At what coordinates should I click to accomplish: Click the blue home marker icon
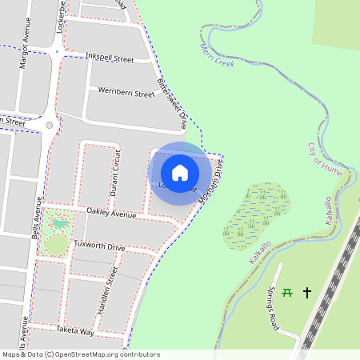click(180, 172)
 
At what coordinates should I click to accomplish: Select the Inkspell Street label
click(110, 58)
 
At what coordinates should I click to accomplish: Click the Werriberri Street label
click(126, 94)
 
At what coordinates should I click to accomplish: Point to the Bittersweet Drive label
click(171, 105)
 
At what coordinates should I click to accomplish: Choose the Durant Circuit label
click(116, 174)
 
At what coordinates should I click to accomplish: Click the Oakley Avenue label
click(112, 214)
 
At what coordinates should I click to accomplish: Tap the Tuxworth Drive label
click(99, 247)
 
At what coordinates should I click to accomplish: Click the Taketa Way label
click(75, 330)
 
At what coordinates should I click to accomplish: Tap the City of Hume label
click(323, 158)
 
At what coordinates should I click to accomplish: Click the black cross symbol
click(306, 293)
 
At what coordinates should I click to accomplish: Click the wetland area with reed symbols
click(257, 214)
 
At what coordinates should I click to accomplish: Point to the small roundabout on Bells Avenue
click(50, 125)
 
